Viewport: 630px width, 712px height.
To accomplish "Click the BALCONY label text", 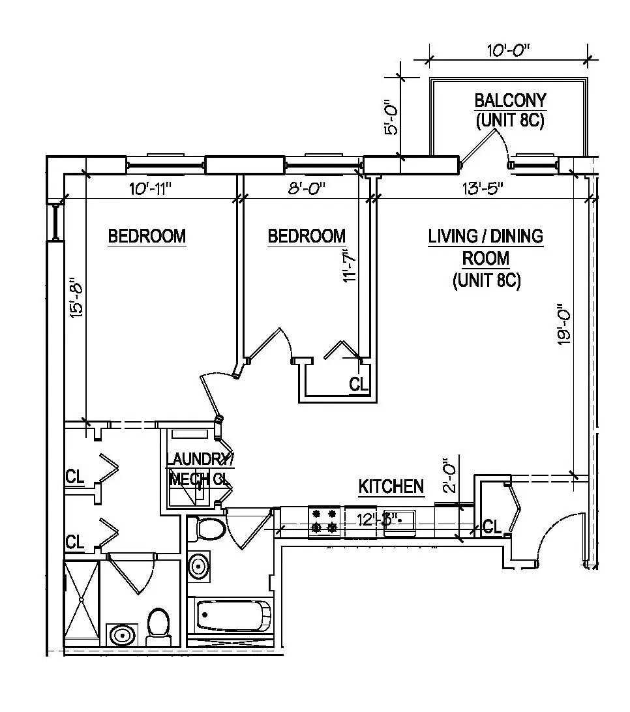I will click(x=510, y=101).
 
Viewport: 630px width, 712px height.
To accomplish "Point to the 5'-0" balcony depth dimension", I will click(x=390, y=117).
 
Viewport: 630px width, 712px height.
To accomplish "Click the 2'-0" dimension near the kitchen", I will click(x=449, y=478).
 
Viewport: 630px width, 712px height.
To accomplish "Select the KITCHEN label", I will click(x=391, y=486).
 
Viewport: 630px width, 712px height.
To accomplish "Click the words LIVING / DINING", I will click(x=486, y=236).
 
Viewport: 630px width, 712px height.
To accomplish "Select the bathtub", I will click(x=233, y=615).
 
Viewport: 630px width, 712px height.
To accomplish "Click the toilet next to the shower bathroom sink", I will click(x=158, y=626).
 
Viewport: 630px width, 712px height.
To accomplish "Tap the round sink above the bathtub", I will click(x=200, y=567).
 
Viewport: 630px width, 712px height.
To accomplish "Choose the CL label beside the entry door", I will click(x=492, y=527).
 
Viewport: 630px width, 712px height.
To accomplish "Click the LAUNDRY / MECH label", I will click(x=198, y=469).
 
